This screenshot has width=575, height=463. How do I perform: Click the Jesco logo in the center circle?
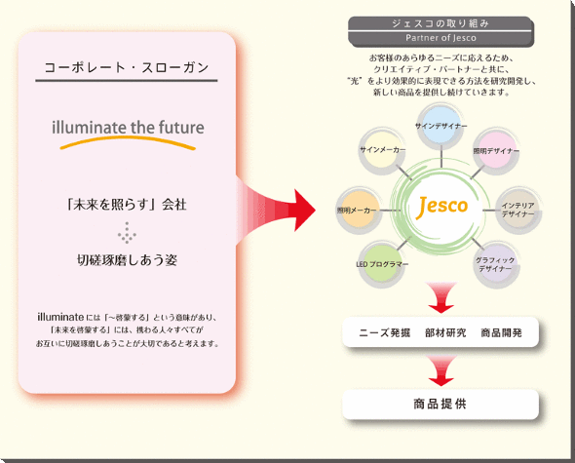tap(441, 207)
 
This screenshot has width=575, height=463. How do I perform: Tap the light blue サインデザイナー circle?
tap(441, 127)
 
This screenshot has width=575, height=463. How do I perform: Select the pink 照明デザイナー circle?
tap(496, 150)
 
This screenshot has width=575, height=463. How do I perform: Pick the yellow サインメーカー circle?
tap(382, 150)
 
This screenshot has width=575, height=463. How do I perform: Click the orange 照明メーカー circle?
tap(359, 211)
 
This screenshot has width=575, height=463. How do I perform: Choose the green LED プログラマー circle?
tap(382, 264)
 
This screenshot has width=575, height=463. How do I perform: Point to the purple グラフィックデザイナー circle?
tap(495, 264)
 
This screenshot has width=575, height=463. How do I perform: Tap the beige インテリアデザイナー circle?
tap(518, 211)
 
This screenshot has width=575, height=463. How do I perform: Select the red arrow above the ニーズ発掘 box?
tap(441, 297)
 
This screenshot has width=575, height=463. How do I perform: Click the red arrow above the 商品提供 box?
tap(441, 370)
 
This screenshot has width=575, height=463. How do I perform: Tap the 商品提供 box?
tap(441, 405)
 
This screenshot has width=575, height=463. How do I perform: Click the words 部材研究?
tap(445, 332)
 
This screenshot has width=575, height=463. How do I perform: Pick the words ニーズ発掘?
tap(384, 332)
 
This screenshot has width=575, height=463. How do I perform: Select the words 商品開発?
tap(502, 332)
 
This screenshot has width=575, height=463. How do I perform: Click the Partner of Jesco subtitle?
tap(441, 38)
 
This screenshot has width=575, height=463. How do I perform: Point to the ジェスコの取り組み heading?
tap(441, 23)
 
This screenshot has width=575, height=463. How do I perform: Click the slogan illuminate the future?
tap(128, 128)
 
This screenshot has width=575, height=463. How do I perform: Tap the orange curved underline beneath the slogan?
tap(128, 141)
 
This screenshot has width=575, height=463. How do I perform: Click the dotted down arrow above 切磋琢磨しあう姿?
tap(127, 233)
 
